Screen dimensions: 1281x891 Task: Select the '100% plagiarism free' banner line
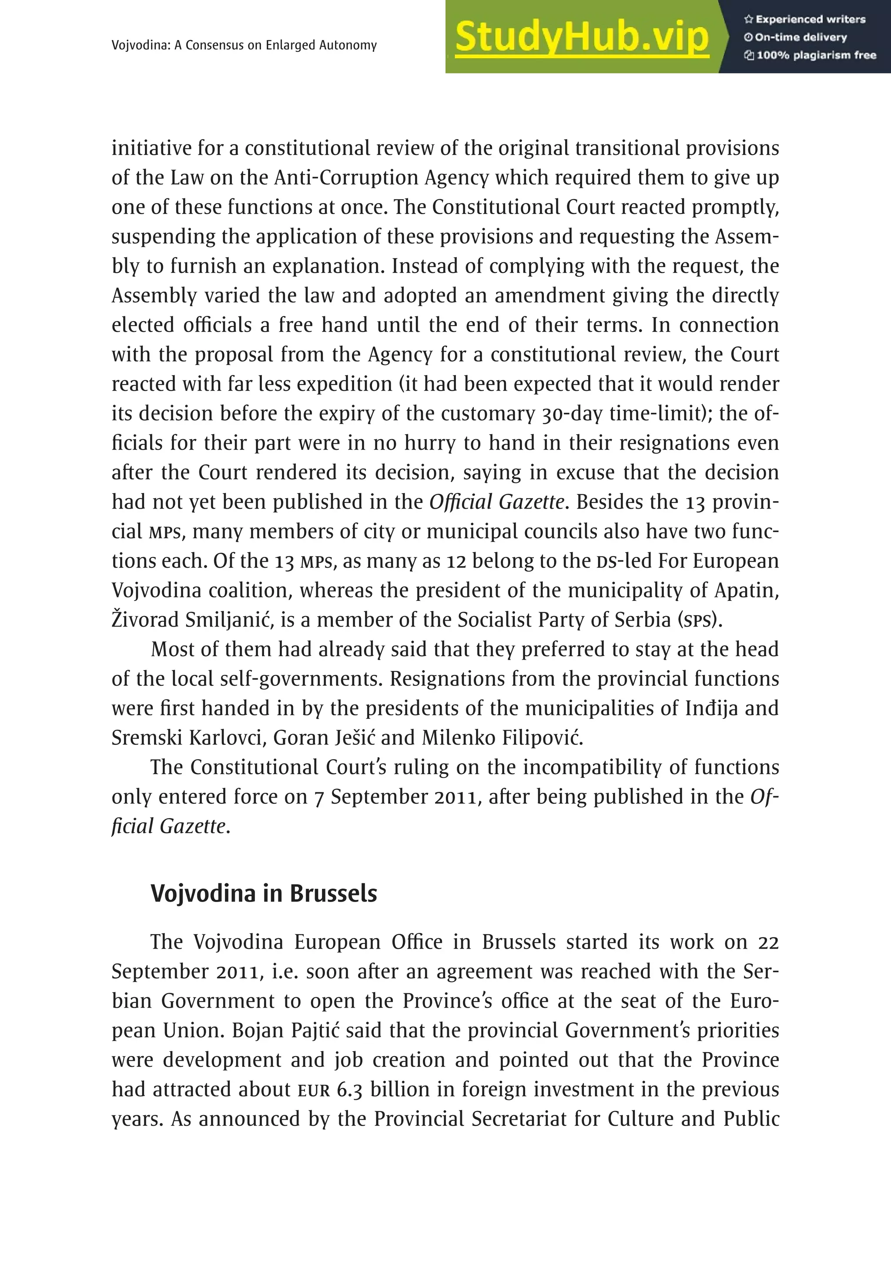point(811,55)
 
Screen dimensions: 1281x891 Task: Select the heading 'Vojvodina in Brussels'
point(264,893)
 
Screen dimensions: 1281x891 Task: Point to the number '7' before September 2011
point(319,797)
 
